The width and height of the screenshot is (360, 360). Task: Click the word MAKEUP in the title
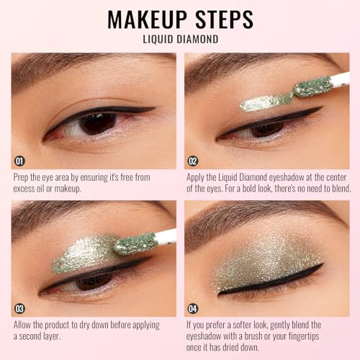pyautogui.click(x=147, y=19)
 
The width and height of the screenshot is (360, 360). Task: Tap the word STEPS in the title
pyautogui.click(x=225, y=19)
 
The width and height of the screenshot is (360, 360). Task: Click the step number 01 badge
pyautogui.click(x=19, y=161)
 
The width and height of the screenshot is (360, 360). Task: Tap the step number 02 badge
pyautogui.click(x=193, y=161)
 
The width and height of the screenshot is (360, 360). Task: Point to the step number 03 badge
pyautogui.click(x=19, y=309)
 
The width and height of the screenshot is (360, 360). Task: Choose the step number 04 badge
pyautogui.click(x=193, y=309)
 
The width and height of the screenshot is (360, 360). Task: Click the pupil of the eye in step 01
pyautogui.click(x=98, y=124)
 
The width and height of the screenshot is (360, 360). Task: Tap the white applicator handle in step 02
pyautogui.click(x=340, y=78)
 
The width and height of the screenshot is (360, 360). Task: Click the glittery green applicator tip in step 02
pyautogui.click(x=313, y=87)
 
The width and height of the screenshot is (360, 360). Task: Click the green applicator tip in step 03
pyautogui.click(x=135, y=243)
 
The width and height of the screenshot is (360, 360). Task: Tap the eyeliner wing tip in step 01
pyautogui.click(x=154, y=109)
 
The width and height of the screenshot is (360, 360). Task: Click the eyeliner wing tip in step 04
pyautogui.click(x=323, y=264)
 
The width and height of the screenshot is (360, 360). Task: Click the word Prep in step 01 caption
pyautogui.click(x=21, y=178)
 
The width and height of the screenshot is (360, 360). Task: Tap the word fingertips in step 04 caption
pyautogui.click(x=304, y=336)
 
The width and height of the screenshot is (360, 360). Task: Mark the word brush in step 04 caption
pyautogui.click(x=253, y=336)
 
